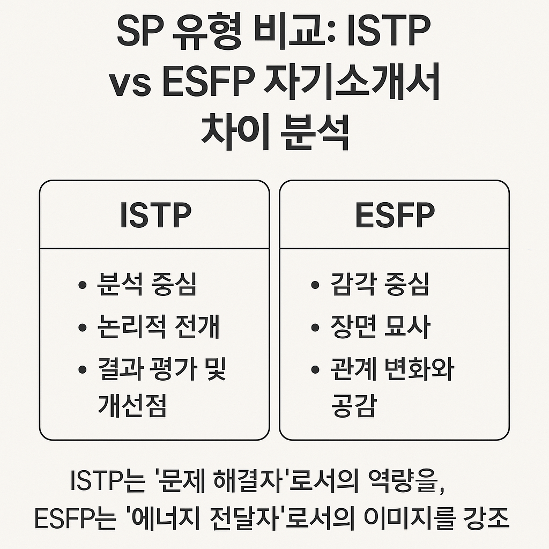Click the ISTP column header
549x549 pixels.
point(156,216)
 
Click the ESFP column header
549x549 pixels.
point(395,216)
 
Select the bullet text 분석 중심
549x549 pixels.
point(146,285)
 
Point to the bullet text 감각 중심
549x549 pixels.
point(380,285)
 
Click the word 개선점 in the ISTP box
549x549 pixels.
point(132,406)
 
